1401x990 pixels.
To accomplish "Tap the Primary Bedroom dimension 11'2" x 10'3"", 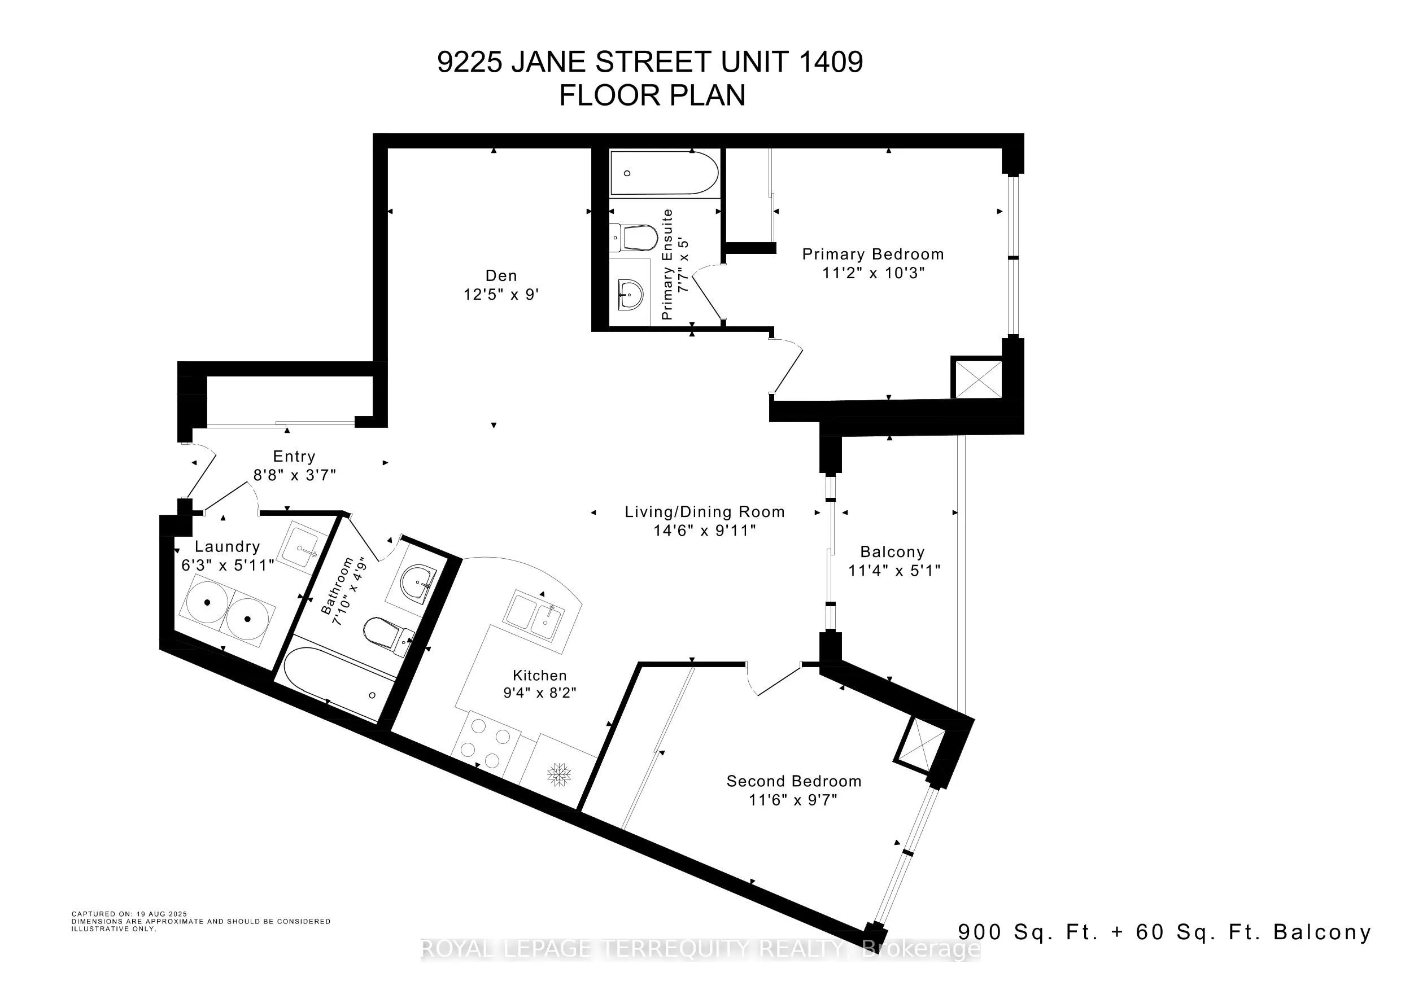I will pyautogui.click(x=873, y=273).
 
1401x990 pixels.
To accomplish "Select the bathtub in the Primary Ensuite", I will pyautogui.click(x=664, y=173).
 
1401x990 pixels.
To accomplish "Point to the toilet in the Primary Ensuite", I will pyautogui.click(x=635, y=238).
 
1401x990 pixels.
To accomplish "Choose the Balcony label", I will pyautogui.click(x=892, y=552).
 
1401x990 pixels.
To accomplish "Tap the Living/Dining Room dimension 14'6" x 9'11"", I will pyautogui.click(x=705, y=531).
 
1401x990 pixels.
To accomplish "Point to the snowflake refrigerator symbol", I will pyautogui.click(x=559, y=775).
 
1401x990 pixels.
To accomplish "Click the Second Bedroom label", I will pyautogui.click(x=794, y=781).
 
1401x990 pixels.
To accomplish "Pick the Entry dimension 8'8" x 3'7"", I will pyautogui.click(x=295, y=475).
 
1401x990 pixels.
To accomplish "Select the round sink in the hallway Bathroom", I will pyautogui.click(x=418, y=582).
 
